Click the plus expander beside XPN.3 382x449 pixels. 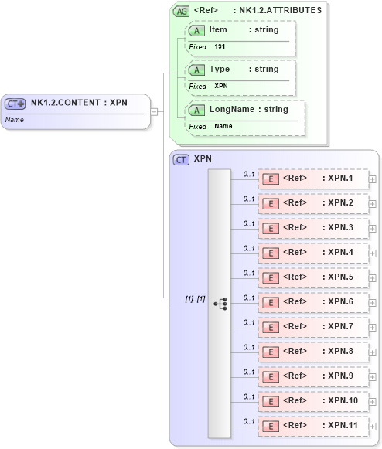click(x=373, y=229)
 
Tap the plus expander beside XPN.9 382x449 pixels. click(x=373, y=377)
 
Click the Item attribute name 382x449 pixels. click(x=218, y=29)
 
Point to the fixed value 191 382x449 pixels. click(x=220, y=46)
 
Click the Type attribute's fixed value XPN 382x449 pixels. click(x=221, y=86)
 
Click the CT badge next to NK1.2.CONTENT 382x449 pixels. click(x=15, y=103)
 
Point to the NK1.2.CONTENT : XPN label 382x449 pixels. click(x=79, y=102)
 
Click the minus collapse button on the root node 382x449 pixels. click(x=155, y=111)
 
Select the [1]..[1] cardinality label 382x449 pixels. click(x=195, y=298)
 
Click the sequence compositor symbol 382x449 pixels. click(x=220, y=304)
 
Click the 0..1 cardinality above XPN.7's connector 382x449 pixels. click(x=249, y=322)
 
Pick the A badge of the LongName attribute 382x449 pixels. click(x=197, y=111)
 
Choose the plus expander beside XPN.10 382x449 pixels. click(x=373, y=402)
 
